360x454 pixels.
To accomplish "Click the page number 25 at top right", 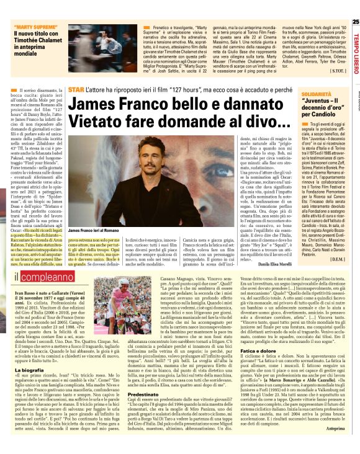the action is tap(355, 22).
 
